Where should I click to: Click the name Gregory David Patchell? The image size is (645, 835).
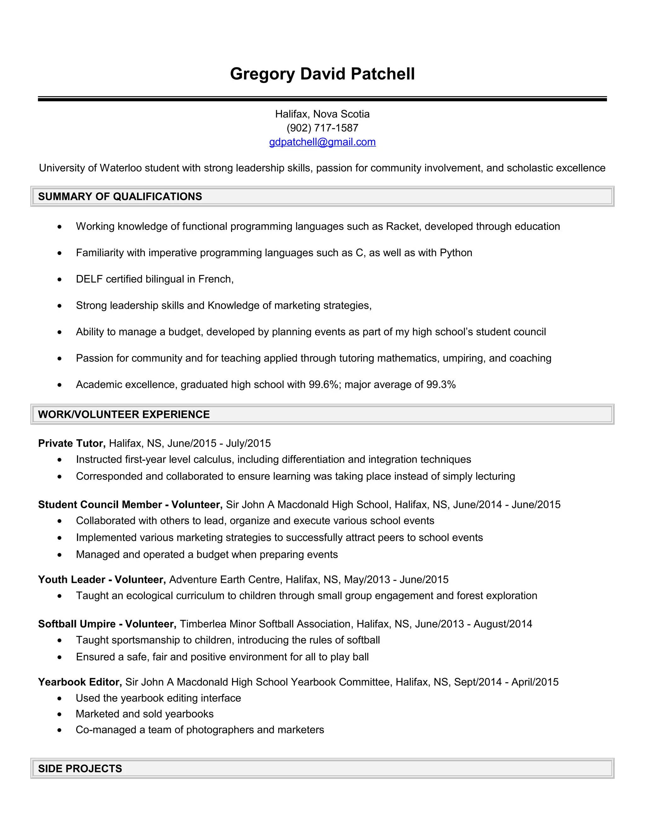[322, 74]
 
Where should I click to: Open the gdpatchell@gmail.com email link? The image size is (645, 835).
[322, 142]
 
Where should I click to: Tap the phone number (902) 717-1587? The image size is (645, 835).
[322, 128]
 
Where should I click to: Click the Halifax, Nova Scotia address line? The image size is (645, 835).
[322, 114]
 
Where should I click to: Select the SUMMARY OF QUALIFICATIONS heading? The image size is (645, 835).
[120, 197]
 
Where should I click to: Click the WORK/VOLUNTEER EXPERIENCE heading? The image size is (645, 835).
[124, 414]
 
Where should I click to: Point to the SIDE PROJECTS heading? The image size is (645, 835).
[80, 769]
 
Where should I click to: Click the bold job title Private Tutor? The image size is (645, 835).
[71, 443]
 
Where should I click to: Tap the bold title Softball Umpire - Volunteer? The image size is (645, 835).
[107, 624]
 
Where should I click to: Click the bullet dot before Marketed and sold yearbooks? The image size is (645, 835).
[59, 714]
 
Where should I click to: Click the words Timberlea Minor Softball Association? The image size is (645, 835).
[265, 624]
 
